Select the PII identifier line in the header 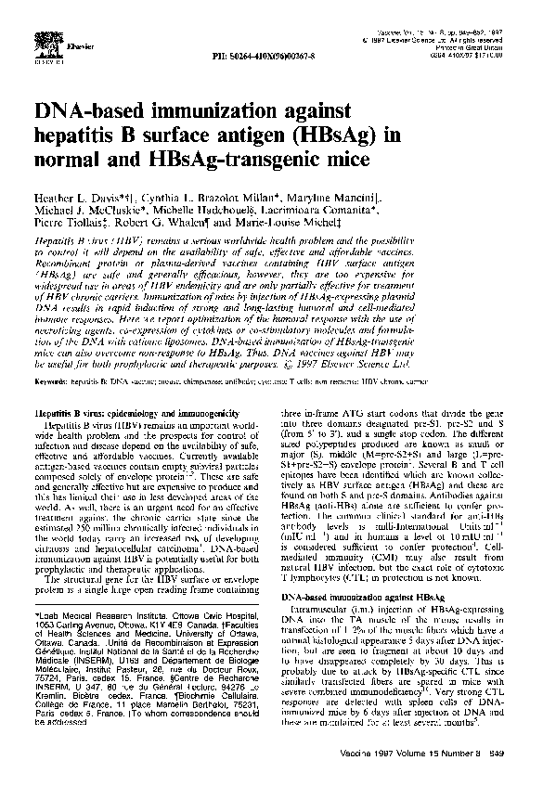[x=266, y=55]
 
